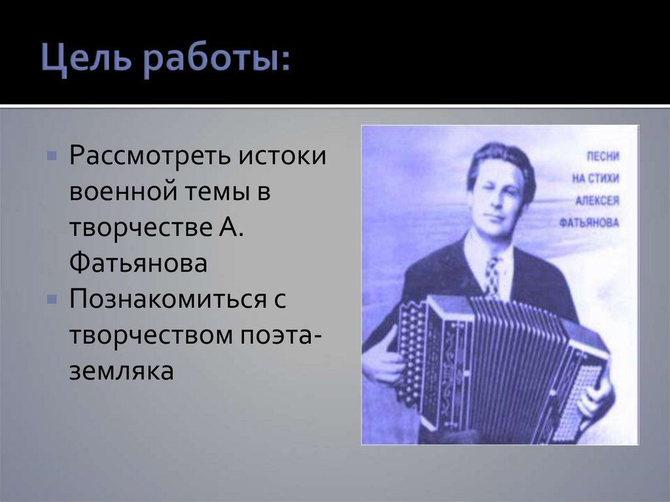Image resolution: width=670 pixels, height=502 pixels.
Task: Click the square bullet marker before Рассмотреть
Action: pyautogui.click(x=52, y=158)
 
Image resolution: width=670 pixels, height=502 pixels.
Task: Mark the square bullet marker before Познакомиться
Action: pyautogui.click(x=52, y=300)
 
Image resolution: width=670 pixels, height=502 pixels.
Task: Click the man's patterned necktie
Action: pyautogui.click(x=492, y=276)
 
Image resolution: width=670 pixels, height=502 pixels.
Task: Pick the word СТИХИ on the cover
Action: pyautogui.click(x=605, y=179)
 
